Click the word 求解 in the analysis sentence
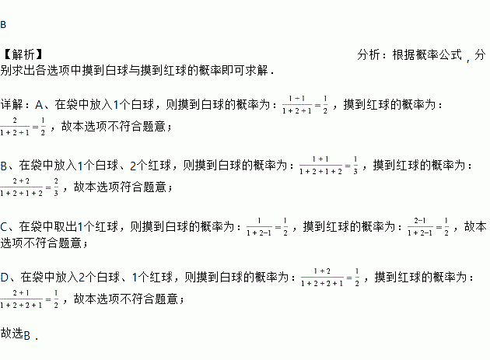257,70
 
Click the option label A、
44,103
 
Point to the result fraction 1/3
355,165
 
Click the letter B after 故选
26,335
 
